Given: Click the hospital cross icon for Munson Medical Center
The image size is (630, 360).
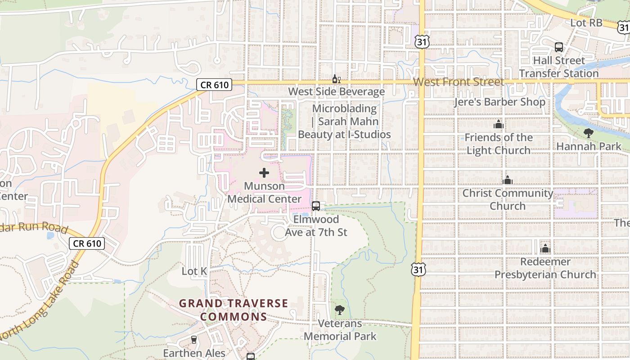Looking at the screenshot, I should click(264, 173).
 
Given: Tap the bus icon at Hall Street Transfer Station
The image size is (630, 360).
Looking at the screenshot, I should click(559, 47).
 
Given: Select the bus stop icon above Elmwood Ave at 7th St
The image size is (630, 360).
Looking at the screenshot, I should click(316, 206).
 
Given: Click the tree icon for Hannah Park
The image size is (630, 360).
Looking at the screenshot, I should click(588, 133).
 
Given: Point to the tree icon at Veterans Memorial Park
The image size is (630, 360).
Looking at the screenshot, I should click(340, 310).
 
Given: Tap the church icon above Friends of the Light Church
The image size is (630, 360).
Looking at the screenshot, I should click(498, 124).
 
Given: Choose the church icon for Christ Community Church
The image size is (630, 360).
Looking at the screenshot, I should click(508, 180).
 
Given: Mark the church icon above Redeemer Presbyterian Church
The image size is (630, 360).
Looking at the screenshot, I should click(545, 248).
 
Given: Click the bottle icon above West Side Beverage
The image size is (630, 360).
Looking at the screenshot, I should click(336, 79).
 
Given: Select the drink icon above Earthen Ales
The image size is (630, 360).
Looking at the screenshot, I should click(194, 340).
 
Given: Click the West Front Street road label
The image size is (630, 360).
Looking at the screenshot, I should click(459, 82).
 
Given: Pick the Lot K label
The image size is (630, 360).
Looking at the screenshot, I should click(194, 271).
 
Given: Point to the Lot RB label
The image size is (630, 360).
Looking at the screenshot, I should click(586, 22).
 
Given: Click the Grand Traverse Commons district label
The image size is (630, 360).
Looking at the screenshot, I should click(234, 310).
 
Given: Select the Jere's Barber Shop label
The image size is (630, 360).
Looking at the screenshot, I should click(499, 102).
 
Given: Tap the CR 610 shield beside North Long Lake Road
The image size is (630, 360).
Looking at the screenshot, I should click(87, 243).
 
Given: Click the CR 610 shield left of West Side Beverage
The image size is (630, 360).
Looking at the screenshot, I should click(214, 85).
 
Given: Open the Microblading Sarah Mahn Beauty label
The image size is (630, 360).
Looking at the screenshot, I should click(344, 121).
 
